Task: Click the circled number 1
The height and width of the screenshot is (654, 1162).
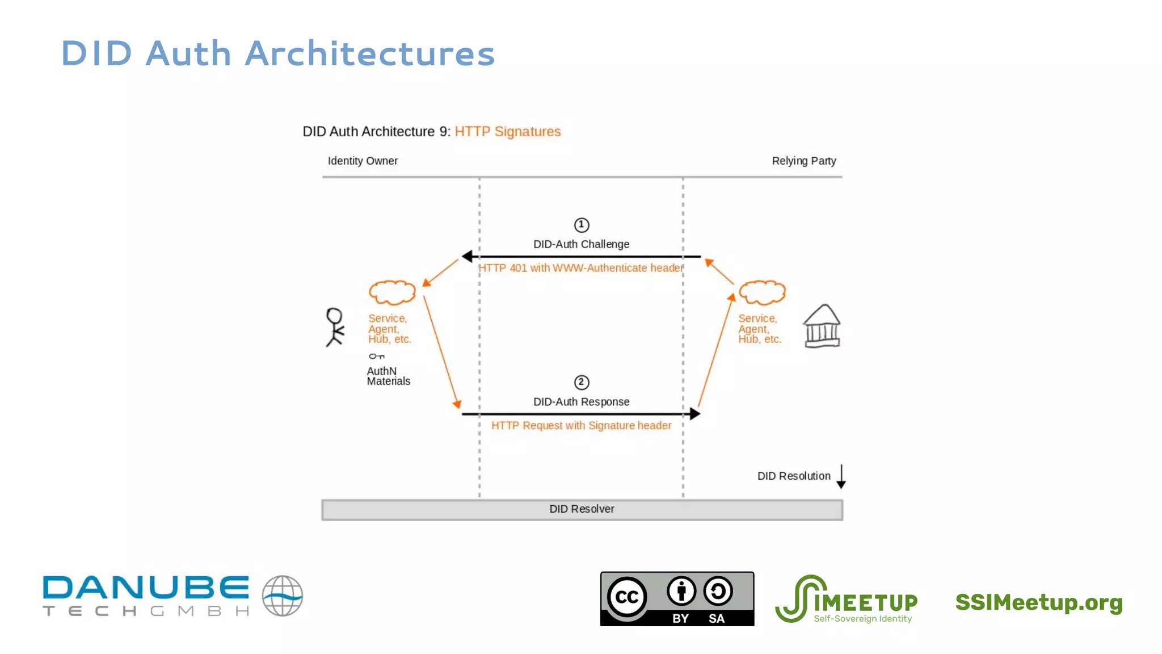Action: [x=581, y=225]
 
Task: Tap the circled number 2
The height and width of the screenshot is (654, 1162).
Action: [x=581, y=382]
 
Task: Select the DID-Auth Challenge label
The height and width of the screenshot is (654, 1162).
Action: [x=581, y=244]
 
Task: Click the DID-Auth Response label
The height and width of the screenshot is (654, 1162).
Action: [x=581, y=402]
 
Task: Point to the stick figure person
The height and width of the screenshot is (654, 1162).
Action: [x=334, y=327]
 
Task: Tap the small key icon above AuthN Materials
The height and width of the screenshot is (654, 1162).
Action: [x=376, y=357]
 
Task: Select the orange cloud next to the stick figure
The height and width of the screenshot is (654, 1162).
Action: [x=392, y=292]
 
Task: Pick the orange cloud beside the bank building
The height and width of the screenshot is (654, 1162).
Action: [x=762, y=292]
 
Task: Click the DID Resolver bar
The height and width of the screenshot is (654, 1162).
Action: [x=582, y=509]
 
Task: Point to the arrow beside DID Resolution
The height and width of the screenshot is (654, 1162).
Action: [x=841, y=476]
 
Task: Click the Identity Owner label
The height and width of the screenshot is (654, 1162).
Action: [x=363, y=161]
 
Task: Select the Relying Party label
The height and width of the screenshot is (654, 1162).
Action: [x=803, y=161]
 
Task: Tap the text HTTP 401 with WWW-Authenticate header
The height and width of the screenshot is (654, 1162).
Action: [x=580, y=268]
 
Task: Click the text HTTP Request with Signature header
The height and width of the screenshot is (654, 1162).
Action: [x=581, y=426]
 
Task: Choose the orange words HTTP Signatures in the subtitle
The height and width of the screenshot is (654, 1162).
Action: [x=507, y=132]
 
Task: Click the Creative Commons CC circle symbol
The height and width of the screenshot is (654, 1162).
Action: [x=627, y=597]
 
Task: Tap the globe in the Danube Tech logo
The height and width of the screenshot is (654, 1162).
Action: [x=282, y=596]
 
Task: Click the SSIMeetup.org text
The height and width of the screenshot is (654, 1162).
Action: [x=1038, y=602]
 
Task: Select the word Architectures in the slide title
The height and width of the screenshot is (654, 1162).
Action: [x=370, y=54]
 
